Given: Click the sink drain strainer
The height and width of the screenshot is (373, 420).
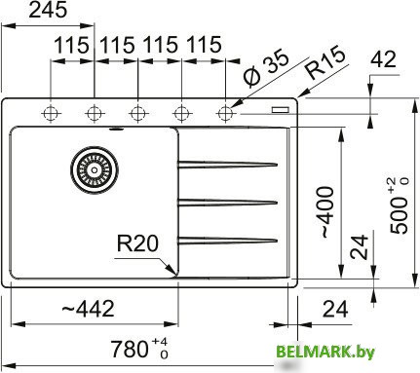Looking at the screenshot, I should coord(94,168).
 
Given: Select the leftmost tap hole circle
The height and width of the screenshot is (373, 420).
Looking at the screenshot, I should coord(49,112).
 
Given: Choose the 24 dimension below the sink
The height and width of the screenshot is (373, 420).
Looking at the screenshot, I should coord(334,310).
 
